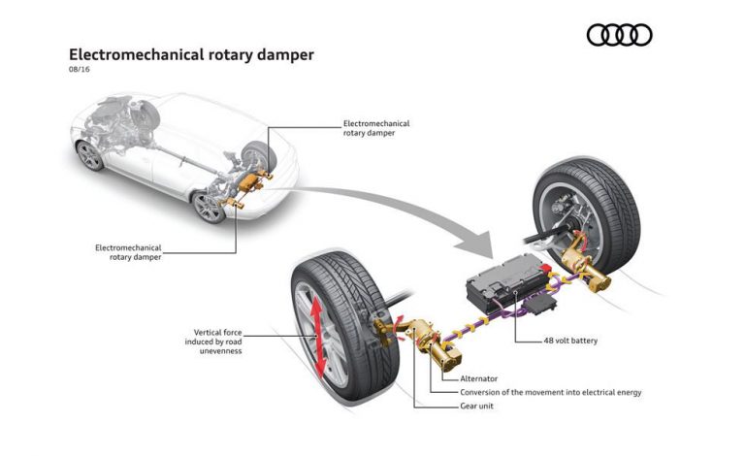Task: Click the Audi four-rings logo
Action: click(x=619, y=36)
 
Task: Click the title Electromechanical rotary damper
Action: click(x=191, y=54)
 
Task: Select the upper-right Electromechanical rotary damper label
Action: click(x=376, y=128)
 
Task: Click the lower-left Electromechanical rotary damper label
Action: click(x=128, y=252)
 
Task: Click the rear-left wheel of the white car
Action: click(x=208, y=207)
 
